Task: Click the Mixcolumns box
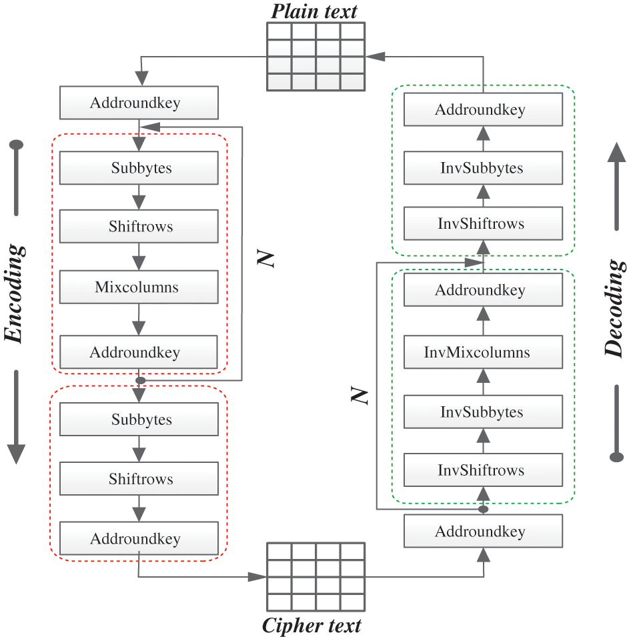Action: coord(139,287)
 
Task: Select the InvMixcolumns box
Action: coord(483,352)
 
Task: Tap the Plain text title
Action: coord(314,11)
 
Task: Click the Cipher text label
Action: coord(311,625)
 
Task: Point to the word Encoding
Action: coord(14,293)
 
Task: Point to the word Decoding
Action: coord(614,309)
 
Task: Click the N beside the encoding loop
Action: coord(265,258)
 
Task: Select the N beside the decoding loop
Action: coord(360,396)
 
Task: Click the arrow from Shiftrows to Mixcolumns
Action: coord(139,257)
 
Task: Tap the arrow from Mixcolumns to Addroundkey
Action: coord(139,320)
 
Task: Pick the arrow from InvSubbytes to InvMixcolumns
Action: coord(483,382)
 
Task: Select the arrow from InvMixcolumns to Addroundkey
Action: coord(483,321)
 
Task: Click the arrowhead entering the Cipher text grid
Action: coord(257,576)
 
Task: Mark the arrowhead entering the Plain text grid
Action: coord(375,57)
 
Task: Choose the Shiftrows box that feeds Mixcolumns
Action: coord(139,226)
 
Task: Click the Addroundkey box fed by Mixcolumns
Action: coord(139,352)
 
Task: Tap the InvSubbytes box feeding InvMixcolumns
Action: coord(483,412)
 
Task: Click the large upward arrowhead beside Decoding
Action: coord(616,152)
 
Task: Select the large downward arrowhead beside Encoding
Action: coord(16,454)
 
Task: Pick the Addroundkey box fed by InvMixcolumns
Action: coord(483,289)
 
